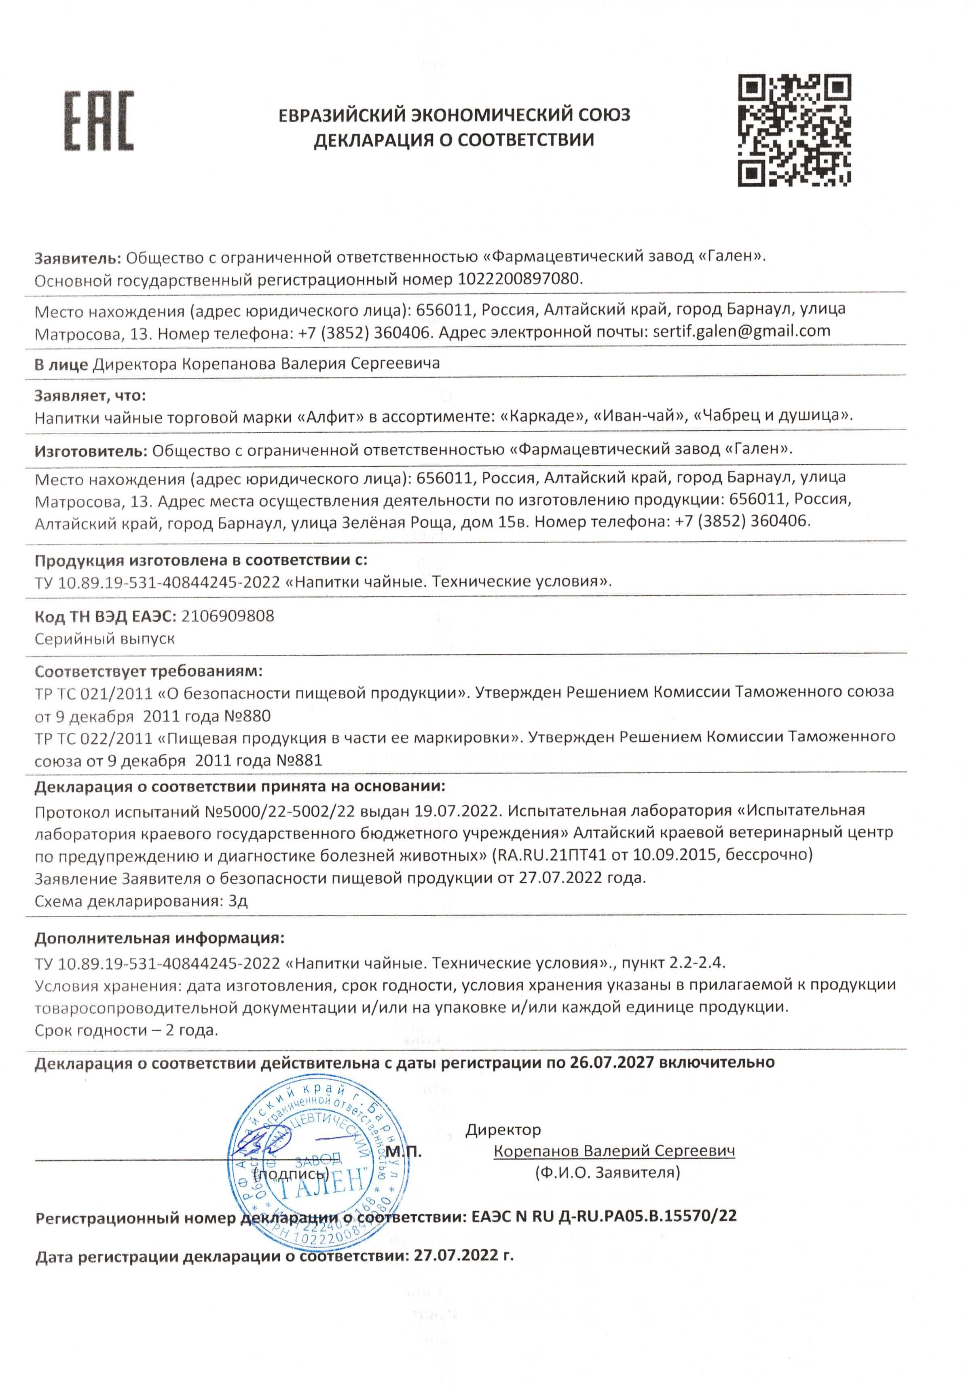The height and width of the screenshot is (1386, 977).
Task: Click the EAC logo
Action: coord(99,121)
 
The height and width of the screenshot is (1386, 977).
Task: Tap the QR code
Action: coord(794,130)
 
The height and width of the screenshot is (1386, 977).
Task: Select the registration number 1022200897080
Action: coord(520,279)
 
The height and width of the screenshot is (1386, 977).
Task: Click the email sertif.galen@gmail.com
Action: coord(741,331)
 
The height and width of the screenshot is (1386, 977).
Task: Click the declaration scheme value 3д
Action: coord(238,901)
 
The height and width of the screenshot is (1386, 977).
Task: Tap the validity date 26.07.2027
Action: coord(611,1062)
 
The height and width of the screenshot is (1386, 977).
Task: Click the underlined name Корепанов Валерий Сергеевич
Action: coord(614,1151)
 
